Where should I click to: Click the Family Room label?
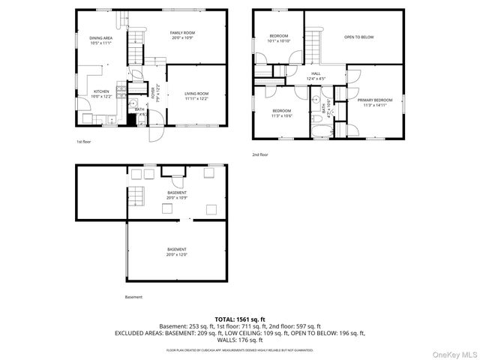[x=182, y=33]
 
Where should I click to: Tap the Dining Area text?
[x=100, y=38]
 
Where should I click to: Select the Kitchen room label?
[x=101, y=93]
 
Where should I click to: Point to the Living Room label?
[x=196, y=93]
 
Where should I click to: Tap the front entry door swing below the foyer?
[x=154, y=133]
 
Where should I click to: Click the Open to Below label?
[x=358, y=37]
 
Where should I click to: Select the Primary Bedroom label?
[x=373, y=100]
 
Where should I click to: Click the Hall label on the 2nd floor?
[x=316, y=73]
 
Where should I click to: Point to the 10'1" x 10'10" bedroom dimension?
[x=279, y=40]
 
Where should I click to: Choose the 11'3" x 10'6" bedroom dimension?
[x=281, y=115]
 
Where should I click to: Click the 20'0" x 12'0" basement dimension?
[x=177, y=254]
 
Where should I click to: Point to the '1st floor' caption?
[x=83, y=142]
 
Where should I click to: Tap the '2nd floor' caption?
[x=260, y=154]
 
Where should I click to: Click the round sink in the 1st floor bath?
[x=133, y=104]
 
